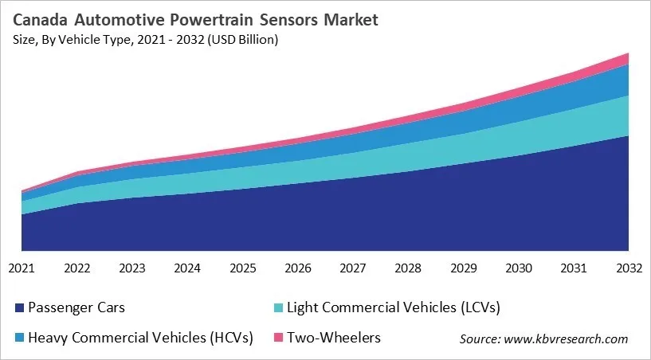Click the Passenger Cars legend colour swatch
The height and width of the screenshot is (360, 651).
(x=17, y=307)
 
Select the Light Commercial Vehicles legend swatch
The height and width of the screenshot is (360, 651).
(x=275, y=307)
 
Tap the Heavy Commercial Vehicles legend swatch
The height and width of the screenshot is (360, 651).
(x=17, y=338)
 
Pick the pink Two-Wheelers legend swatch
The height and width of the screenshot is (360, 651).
(x=275, y=338)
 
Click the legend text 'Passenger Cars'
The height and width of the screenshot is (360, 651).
(x=76, y=307)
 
